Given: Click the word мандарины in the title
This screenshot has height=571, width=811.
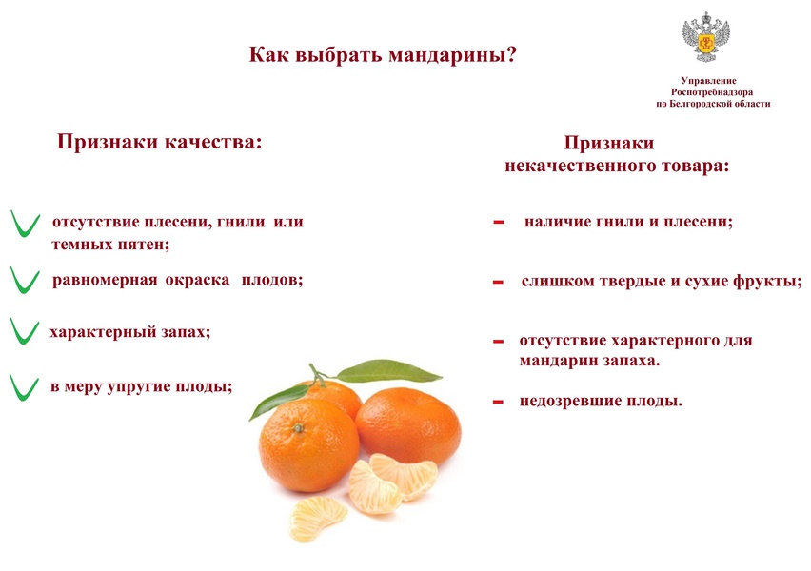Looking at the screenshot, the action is click(448, 55).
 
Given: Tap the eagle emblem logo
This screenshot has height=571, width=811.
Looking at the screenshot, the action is click(705, 37).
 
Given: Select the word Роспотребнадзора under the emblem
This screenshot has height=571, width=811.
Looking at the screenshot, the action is click(712, 92).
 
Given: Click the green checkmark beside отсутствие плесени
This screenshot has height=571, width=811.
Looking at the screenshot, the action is click(26, 224).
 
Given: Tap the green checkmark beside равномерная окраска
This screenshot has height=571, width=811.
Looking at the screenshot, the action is click(25, 281).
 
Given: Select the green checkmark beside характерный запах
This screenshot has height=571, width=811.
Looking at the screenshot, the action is click(25, 331).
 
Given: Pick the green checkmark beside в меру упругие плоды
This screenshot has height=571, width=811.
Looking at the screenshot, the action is click(25, 387).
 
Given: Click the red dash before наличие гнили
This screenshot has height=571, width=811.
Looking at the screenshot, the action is click(499, 223).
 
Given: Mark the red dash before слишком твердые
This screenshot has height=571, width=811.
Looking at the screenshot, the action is click(498, 283).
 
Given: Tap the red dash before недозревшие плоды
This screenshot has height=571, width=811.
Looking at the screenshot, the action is click(498, 402).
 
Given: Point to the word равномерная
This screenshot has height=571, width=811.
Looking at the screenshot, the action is click(105, 281).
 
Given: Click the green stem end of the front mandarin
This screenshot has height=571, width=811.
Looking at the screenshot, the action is click(298, 428).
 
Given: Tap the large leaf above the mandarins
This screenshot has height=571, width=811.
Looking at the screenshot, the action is click(389, 370).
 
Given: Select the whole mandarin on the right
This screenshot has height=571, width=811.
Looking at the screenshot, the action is click(408, 426).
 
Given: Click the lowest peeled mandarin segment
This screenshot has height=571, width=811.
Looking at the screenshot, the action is click(318, 519).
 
